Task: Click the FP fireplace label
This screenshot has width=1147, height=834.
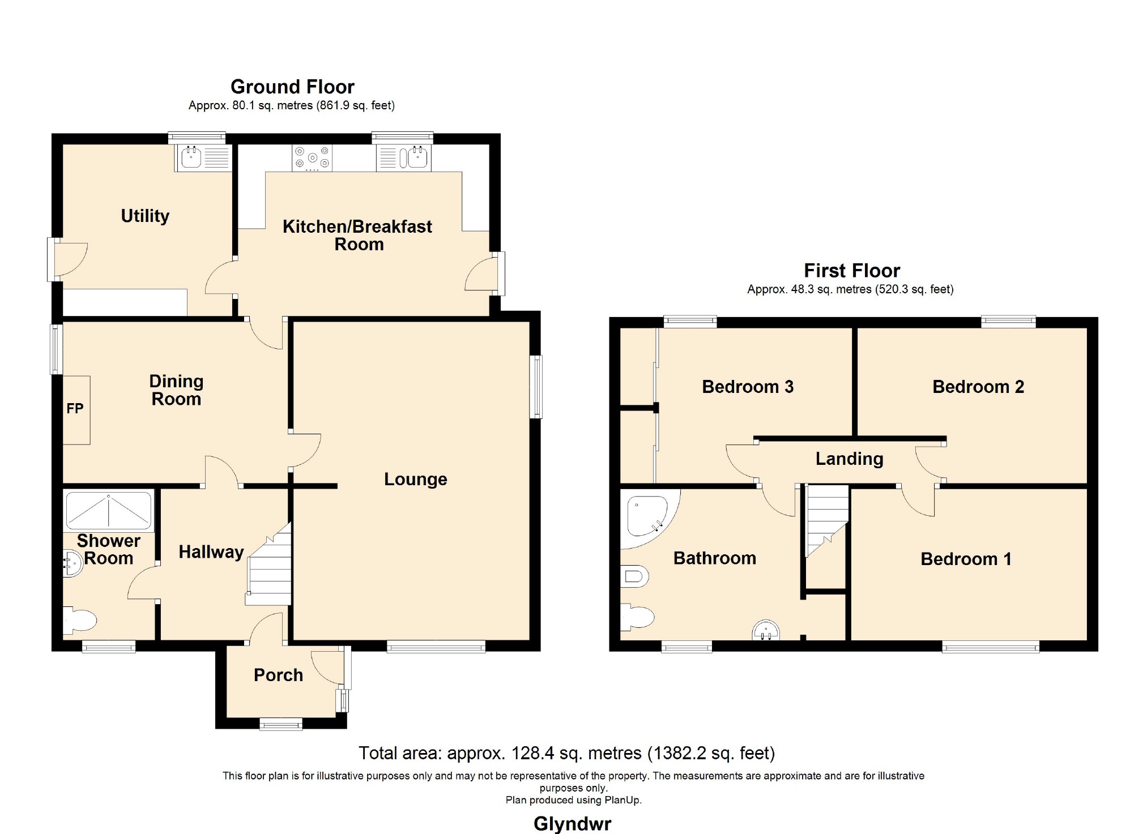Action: point(75,408)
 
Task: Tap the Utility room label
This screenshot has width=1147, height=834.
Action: point(145,216)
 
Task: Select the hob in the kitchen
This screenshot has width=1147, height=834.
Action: point(312,158)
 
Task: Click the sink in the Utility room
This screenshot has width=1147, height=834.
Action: point(203,157)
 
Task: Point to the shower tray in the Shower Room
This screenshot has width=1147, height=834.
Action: point(109,511)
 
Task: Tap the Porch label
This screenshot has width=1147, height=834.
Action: point(278,675)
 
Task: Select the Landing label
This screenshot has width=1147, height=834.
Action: point(849,459)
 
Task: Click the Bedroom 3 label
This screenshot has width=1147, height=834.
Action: point(748,387)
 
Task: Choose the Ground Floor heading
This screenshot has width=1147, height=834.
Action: point(292,87)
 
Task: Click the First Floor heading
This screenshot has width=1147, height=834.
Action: point(852,271)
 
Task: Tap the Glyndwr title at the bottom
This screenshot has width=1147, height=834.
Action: point(572,823)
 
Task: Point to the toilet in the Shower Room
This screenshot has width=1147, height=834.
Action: point(79,621)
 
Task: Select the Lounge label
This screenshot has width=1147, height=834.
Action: point(416,479)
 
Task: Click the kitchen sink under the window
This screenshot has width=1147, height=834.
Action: point(404,157)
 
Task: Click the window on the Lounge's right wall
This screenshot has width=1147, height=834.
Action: point(536,387)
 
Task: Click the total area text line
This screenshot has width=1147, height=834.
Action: point(566,753)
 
